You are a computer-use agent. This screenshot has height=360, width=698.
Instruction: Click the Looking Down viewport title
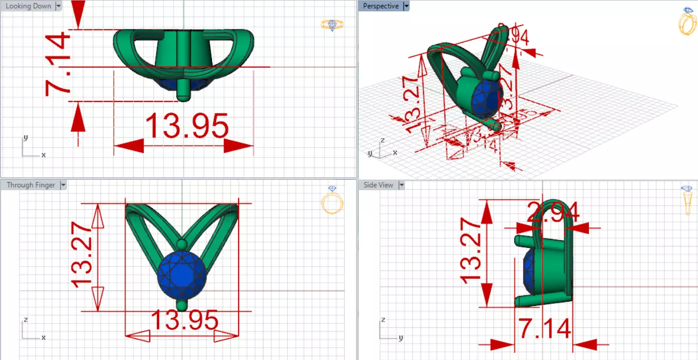[x=28, y=6]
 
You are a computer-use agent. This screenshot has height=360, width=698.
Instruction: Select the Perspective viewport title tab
[x=381, y=6]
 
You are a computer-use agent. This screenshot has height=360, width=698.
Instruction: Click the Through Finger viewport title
[x=31, y=185]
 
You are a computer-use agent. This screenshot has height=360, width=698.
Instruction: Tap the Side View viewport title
[x=378, y=185]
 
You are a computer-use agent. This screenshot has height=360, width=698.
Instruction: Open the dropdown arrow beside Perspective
[x=406, y=6]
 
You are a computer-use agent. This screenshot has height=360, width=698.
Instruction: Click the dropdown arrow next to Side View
[x=402, y=185]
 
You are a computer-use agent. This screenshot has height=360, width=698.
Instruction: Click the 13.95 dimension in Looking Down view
[x=186, y=126]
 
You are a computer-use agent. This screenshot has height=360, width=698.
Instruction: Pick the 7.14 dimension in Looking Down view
[x=57, y=66]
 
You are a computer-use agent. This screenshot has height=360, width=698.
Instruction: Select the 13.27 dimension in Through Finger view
[x=81, y=257]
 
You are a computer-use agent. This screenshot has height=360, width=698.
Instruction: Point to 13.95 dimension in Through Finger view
[x=184, y=321]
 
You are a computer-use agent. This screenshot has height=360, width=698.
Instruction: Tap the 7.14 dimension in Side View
[x=544, y=329]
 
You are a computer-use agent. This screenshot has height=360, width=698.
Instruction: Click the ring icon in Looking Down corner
[x=332, y=25]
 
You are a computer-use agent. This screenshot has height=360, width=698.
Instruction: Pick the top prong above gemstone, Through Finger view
[x=182, y=244]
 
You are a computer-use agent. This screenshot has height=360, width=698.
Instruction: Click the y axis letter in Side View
[x=401, y=338]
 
